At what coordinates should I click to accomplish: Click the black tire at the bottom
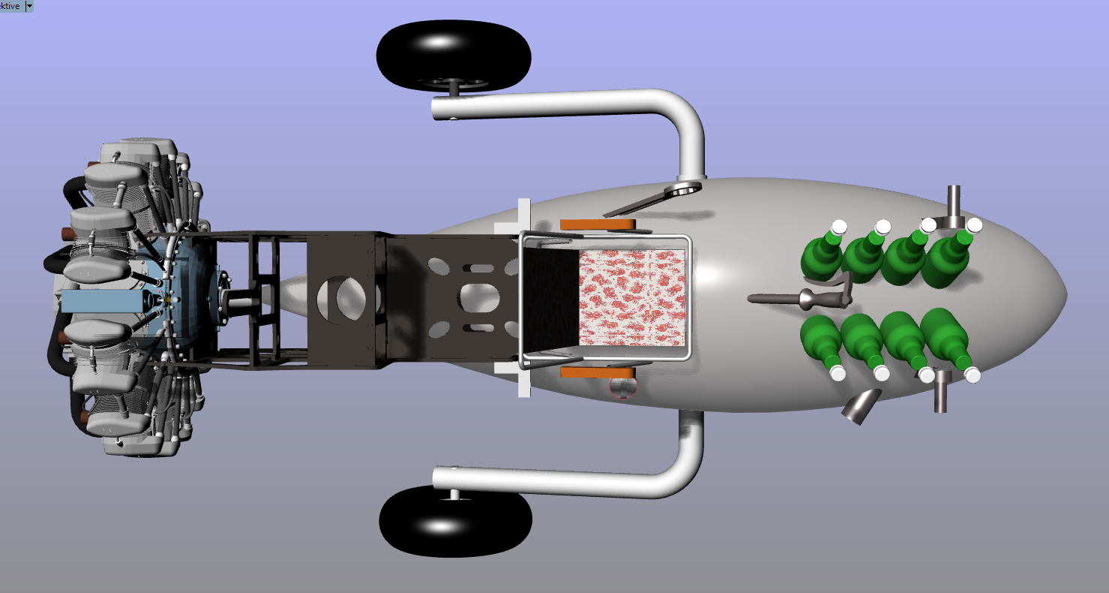point(455,522)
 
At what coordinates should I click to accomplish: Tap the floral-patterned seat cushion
point(632,297)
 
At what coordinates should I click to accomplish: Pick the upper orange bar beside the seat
point(598,224)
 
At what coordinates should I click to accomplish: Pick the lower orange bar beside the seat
point(598,372)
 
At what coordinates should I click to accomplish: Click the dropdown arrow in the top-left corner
point(29,5)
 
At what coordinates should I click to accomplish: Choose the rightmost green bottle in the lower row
point(946,339)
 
